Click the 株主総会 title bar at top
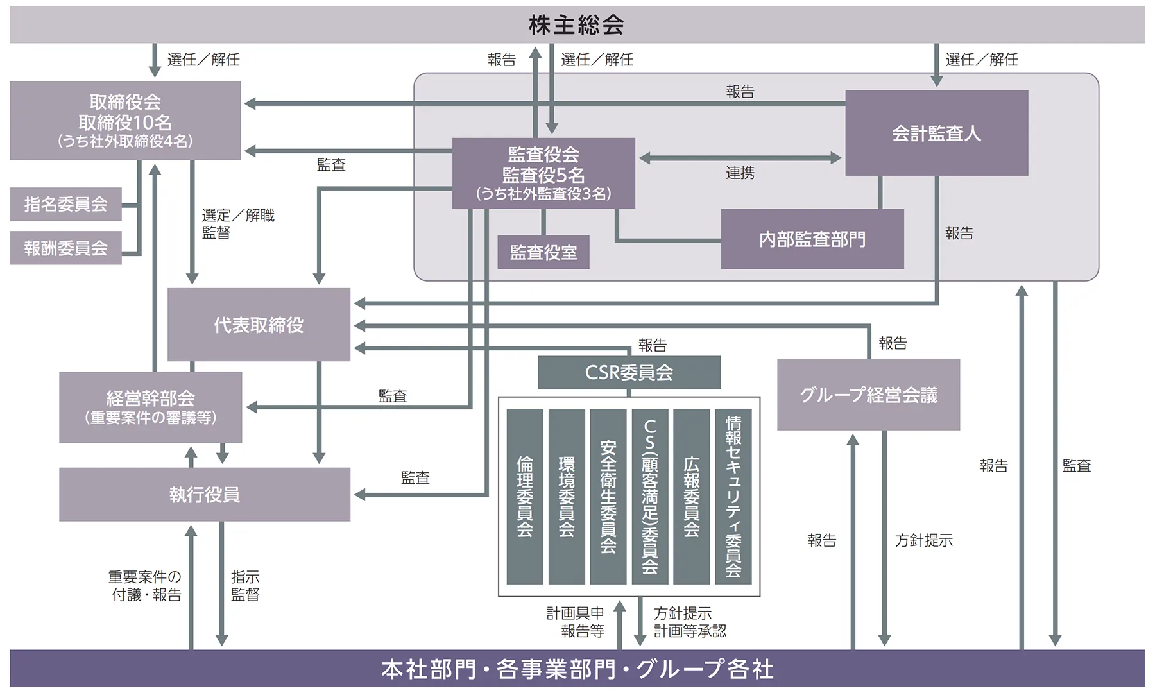576,25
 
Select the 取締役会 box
125,121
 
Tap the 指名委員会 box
65,204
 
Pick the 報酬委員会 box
65,248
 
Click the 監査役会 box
543,173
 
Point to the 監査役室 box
543,252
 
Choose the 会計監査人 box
936,133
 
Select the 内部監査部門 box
812,239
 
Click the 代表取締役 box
259,325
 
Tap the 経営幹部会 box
150,407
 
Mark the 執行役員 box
204,494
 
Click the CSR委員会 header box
629,372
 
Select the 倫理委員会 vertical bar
525,496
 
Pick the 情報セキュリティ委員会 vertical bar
733,496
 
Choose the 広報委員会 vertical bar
691,496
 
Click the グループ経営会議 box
868,395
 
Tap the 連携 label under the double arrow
740,173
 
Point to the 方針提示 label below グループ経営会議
923,540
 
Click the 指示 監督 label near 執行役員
245,585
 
